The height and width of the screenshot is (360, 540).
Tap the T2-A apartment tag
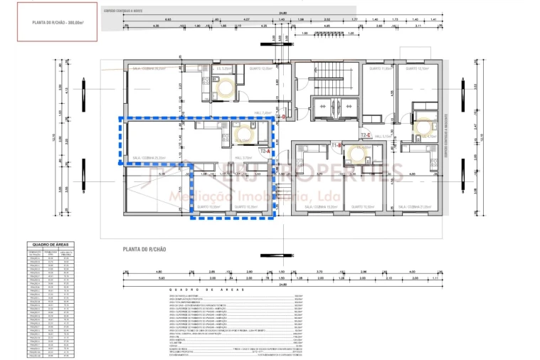point(265,152)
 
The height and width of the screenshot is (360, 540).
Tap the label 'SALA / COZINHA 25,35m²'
point(149,158)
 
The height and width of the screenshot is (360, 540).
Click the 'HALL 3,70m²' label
point(243,158)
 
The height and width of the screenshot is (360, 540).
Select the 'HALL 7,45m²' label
point(262,113)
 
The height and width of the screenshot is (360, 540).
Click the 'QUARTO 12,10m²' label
point(420,69)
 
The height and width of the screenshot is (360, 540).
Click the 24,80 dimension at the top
point(282,13)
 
